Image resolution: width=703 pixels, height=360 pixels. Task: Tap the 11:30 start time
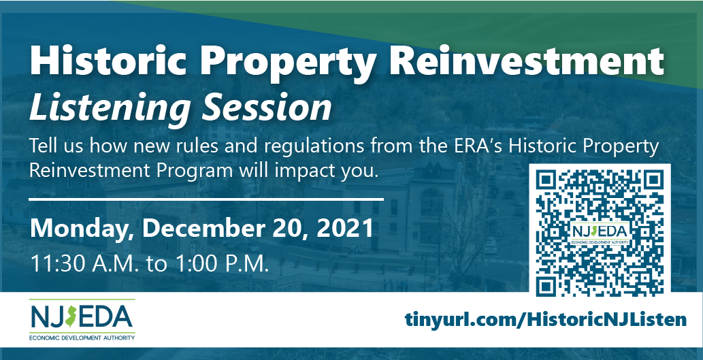click(57, 263)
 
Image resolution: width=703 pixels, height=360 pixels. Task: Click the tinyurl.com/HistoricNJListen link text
click(546, 319)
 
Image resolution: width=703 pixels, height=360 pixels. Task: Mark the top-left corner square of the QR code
click(546, 180)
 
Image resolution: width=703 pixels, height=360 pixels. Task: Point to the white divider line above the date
click(206, 198)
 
